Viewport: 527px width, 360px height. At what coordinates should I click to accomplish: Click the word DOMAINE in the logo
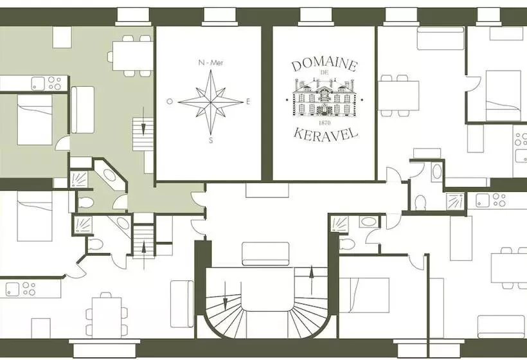pyautogui.click(x=324, y=65)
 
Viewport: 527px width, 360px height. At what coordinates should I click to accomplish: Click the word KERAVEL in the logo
pyautogui.click(x=325, y=134)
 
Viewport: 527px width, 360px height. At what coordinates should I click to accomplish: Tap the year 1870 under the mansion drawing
pyautogui.click(x=324, y=122)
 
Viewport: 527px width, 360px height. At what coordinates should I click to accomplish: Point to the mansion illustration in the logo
pyautogui.click(x=324, y=97)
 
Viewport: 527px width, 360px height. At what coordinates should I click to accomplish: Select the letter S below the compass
pyautogui.click(x=211, y=140)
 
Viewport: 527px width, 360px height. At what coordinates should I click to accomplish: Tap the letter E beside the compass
pyautogui.click(x=248, y=102)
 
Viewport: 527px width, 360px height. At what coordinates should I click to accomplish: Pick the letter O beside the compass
pyautogui.click(x=170, y=101)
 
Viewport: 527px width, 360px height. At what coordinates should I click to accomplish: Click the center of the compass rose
pyautogui.click(x=210, y=102)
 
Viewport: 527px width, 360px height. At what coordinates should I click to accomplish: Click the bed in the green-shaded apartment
pyautogui.click(x=35, y=120)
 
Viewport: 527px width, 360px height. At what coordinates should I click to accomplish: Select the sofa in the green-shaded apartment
pyautogui.click(x=82, y=109)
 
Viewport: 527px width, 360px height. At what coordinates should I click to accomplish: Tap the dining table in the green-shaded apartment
pyautogui.click(x=133, y=55)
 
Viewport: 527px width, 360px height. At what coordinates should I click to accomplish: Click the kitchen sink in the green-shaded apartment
pyautogui.click(x=38, y=83)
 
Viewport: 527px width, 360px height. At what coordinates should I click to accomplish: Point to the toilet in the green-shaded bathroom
pyautogui.click(x=85, y=203)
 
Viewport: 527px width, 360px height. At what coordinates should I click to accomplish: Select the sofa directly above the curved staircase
pyautogui.click(x=265, y=254)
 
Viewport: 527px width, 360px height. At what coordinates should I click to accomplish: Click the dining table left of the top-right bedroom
pyautogui.click(x=399, y=96)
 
